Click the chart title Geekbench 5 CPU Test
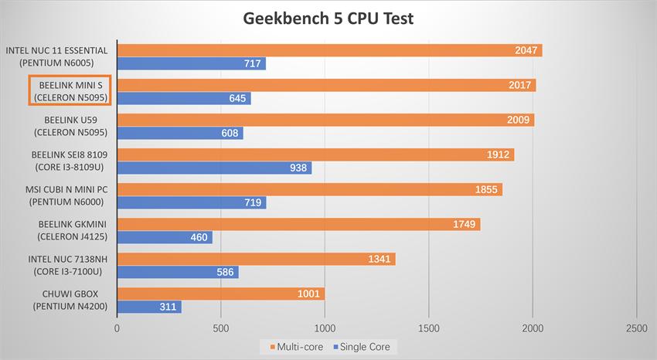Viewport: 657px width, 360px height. (x=328, y=18)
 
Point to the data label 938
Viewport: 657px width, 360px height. (x=298, y=168)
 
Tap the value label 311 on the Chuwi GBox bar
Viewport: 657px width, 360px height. (x=168, y=307)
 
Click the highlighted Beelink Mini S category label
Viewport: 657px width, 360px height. (x=70, y=90)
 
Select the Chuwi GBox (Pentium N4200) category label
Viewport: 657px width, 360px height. (x=70, y=299)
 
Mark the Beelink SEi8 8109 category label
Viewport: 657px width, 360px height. (x=70, y=160)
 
